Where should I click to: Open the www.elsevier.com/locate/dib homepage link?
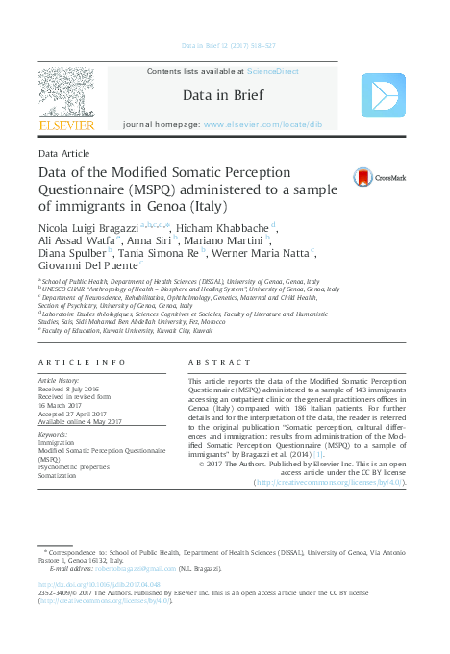point(271,125)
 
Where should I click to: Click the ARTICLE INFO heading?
point(82,361)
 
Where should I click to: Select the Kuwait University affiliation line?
point(127,329)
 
